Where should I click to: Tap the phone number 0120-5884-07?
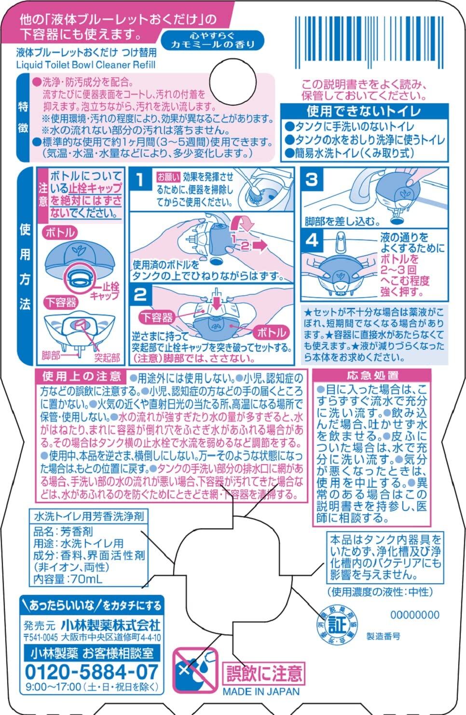point(91,671)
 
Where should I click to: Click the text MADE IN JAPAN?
point(260,691)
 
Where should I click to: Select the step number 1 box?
point(140,181)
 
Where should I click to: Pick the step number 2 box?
point(140,295)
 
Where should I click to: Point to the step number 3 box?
point(312,179)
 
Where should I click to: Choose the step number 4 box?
point(312,240)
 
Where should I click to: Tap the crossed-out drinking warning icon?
point(195,671)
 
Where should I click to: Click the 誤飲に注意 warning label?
point(263,673)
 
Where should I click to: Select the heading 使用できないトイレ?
point(364,111)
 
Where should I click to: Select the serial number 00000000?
point(414,615)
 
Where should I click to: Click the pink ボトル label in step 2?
point(272,332)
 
